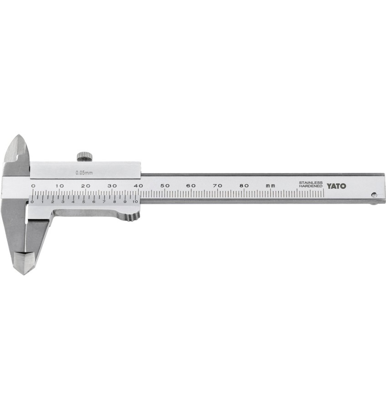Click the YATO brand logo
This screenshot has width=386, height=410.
tap(336, 186)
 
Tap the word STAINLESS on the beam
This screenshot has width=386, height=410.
tap(311, 183)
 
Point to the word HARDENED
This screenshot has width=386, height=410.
tap(311, 186)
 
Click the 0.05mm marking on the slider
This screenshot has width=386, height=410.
tap(84, 173)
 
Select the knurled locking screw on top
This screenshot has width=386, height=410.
tap(85, 156)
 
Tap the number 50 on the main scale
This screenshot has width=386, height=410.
tap(165, 186)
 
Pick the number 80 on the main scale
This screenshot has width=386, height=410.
tap(244, 186)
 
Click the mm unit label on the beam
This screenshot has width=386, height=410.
tap(270, 186)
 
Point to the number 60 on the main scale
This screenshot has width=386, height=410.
tap(192, 186)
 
